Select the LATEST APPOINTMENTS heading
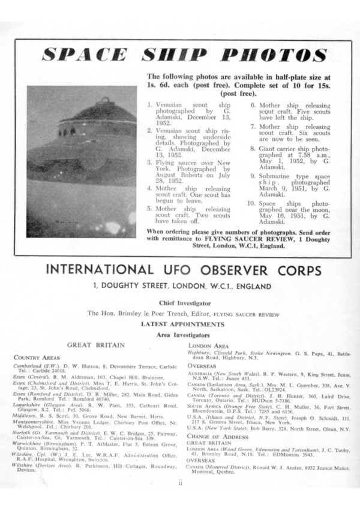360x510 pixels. (x=179, y=325)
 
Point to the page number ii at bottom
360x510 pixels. (x=179, y=482)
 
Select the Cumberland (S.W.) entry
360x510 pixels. (x=96, y=368)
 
